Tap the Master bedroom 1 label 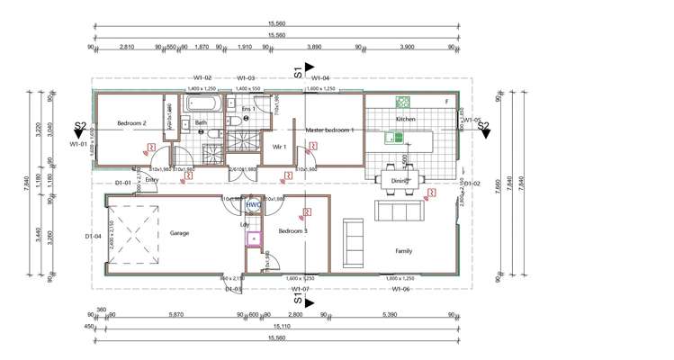pos(330,131)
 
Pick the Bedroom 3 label pos(292,232)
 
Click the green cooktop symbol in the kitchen pos(405,102)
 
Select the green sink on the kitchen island pos(394,138)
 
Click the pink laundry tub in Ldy pos(255,239)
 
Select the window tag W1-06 pos(401,289)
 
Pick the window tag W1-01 pos(80,143)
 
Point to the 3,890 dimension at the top pos(315,47)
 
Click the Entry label pos(151,179)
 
